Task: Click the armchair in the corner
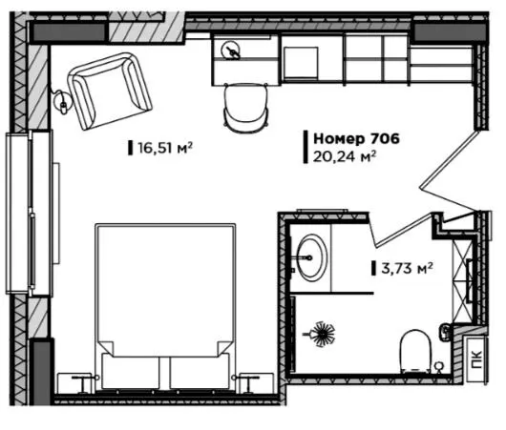tap(110, 92)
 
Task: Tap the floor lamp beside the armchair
tap(62, 102)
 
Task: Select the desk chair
tap(246, 107)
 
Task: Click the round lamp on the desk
tap(231, 51)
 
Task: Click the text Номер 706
tap(357, 138)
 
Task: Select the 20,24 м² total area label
tap(345, 157)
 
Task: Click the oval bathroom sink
tap(311, 257)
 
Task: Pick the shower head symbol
tap(321, 334)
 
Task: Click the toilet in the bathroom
tap(415, 352)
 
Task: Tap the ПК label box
tap(476, 359)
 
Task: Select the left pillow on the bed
tap(131, 371)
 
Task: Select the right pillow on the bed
tap(200, 371)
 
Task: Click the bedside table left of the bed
tap(77, 383)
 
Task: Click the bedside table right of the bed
tap(254, 383)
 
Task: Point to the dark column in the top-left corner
tap(69, 32)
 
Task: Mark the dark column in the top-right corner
tap(450, 32)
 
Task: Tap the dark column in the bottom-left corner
tap(42, 373)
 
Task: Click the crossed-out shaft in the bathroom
tap(462, 280)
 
